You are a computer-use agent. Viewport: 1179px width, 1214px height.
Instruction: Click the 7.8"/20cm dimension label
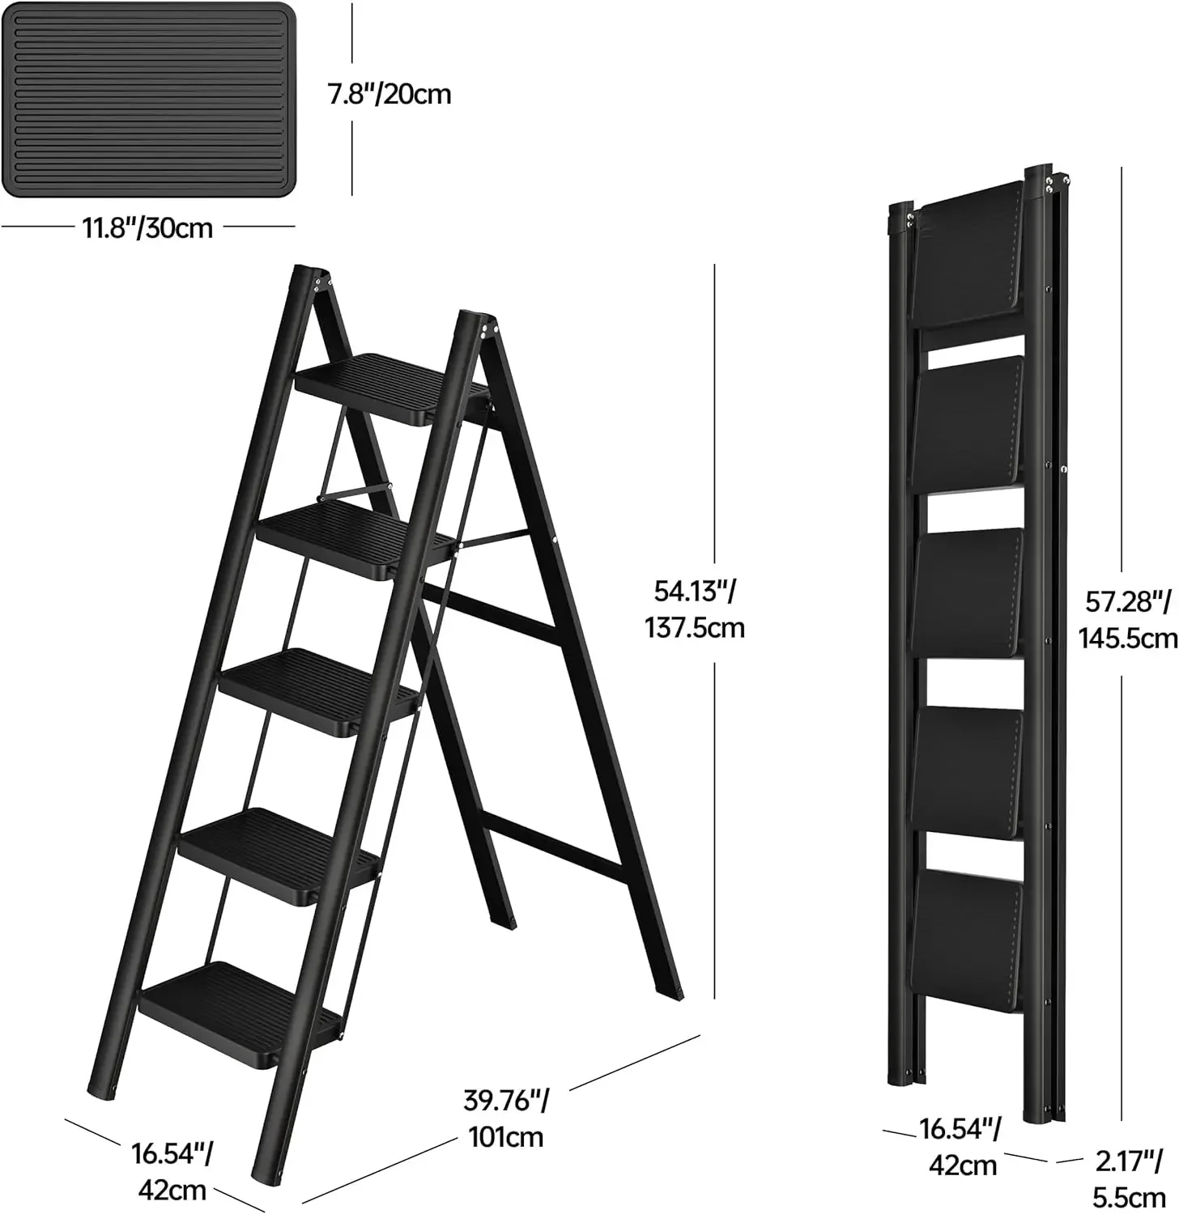click(389, 95)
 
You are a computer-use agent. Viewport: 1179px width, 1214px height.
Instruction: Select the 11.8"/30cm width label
click(147, 228)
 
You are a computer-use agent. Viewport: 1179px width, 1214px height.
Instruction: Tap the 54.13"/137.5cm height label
click(694, 609)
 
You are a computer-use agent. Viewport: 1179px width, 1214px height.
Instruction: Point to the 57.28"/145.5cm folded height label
click(1126, 620)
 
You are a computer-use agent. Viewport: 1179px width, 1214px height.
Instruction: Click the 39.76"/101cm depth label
click(506, 1118)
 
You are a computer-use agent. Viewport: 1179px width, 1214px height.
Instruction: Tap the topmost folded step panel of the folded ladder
click(964, 261)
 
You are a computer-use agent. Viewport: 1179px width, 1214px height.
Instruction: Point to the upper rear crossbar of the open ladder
click(494, 615)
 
